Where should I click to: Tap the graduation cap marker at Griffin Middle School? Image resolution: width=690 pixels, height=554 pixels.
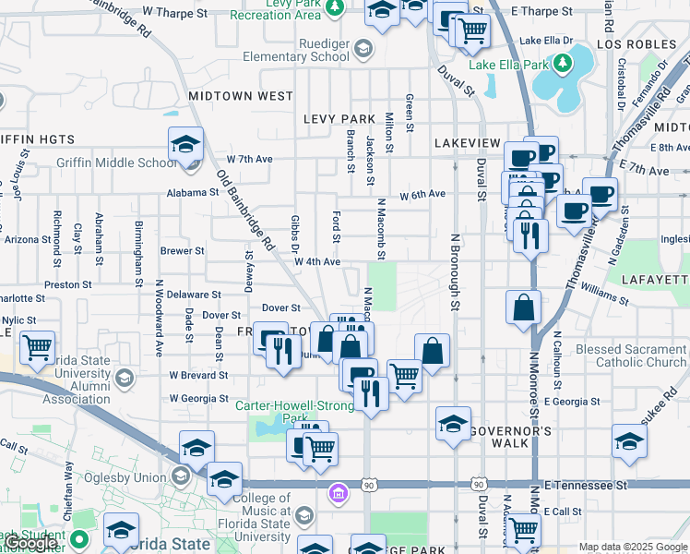coord(185,144)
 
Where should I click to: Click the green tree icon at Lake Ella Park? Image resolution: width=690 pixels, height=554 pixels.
coord(562,63)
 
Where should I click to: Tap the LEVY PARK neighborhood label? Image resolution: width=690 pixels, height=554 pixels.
coord(339,119)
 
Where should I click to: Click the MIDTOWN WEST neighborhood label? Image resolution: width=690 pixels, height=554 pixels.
coord(241,96)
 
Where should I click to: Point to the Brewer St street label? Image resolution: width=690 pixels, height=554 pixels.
coord(182,250)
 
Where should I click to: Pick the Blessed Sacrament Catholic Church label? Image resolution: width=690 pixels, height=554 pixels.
coord(631,356)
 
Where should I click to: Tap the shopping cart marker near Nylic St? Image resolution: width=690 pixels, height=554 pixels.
coord(37,348)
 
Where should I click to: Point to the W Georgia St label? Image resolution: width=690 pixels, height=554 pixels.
coord(198,398)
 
